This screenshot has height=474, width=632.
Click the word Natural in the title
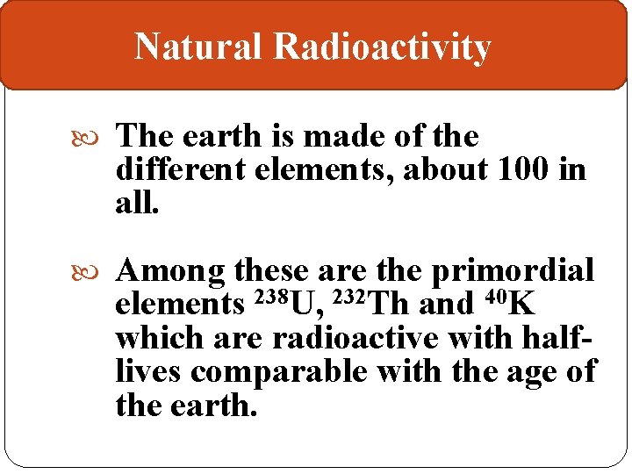click(198, 47)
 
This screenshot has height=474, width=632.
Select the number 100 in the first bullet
click(525, 169)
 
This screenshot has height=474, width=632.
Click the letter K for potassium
click(521, 305)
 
